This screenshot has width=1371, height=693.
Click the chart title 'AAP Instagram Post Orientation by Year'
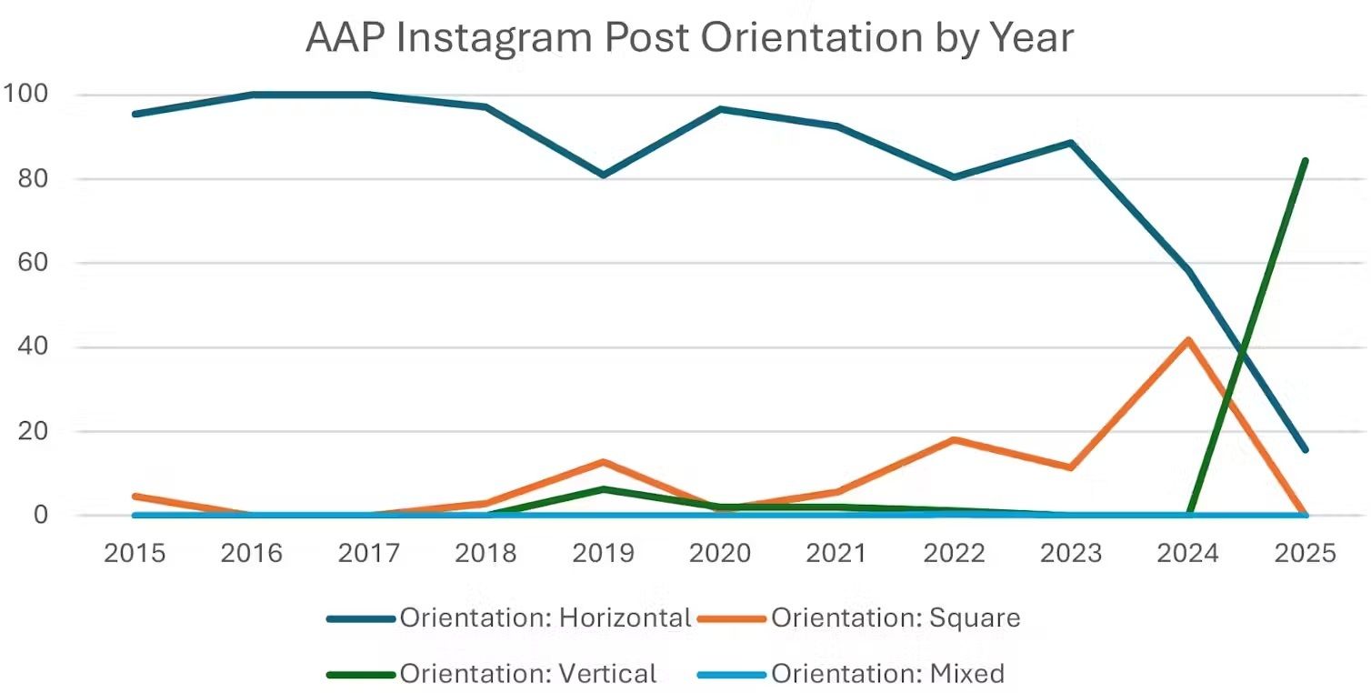coord(689,38)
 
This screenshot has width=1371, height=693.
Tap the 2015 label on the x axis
coord(135,553)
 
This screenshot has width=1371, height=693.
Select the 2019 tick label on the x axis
coord(603,553)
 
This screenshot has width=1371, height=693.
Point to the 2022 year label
coord(954,553)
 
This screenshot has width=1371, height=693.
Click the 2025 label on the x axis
coord(1306,553)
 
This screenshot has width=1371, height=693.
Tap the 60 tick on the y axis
coord(33,263)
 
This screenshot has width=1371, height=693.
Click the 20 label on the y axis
coord(33,431)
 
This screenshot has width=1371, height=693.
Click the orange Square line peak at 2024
coord(1188,340)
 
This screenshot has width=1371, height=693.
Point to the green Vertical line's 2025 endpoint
coord(1306,161)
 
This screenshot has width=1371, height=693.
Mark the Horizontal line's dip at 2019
coord(603,175)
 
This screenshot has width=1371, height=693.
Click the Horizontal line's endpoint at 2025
coord(1306,449)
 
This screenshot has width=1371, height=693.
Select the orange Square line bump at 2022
coord(954,440)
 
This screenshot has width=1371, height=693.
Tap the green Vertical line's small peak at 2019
coord(603,489)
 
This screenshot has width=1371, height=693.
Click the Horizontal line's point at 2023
coord(1071,143)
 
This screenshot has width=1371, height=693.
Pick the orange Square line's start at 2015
coord(135,497)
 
